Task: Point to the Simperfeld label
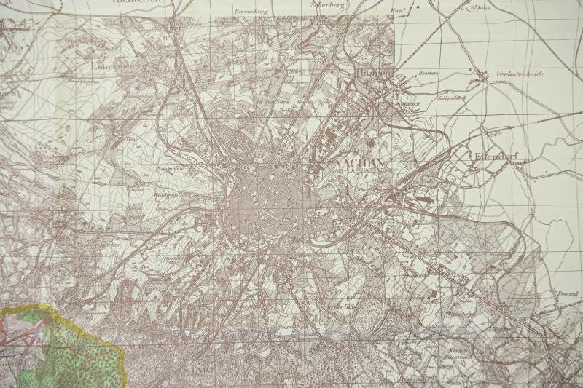pyautogui.click(x=169, y=170)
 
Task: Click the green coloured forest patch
pyautogui.click(x=73, y=349)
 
